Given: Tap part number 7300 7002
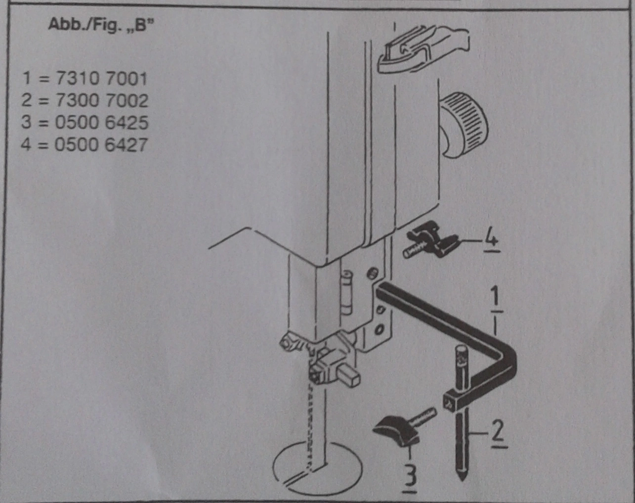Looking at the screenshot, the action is [101, 101].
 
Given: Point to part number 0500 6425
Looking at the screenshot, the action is [101, 123].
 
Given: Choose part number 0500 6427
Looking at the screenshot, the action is [101, 145].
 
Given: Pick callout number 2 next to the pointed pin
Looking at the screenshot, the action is [499, 434].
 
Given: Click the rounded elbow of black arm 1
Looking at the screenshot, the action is [505, 363].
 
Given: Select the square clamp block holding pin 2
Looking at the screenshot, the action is [456, 400].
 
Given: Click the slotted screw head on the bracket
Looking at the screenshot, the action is [373, 273].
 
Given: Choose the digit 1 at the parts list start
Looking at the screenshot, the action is [27, 79].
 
